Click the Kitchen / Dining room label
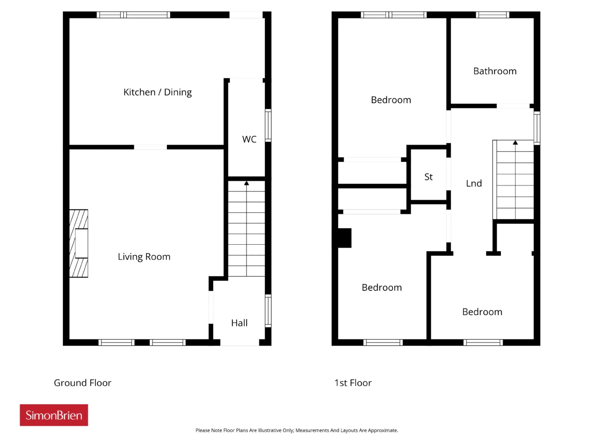(x=158, y=92)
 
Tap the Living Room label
(x=144, y=257)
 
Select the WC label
(x=249, y=140)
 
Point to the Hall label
(x=240, y=323)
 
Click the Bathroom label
(x=495, y=71)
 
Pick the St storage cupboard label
(x=429, y=177)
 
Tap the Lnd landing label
(x=474, y=184)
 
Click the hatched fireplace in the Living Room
(x=79, y=243)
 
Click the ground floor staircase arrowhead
(x=246, y=183)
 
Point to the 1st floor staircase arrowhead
(x=515, y=142)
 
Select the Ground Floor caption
(x=82, y=383)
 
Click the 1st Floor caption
(x=353, y=383)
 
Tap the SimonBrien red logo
(x=54, y=415)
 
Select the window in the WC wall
(x=268, y=125)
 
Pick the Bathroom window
(x=492, y=14)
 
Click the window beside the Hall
(x=268, y=311)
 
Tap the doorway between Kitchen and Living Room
(x=151, y=147)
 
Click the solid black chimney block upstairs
(x=345, y=238)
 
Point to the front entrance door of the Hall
(x=240, y=343)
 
